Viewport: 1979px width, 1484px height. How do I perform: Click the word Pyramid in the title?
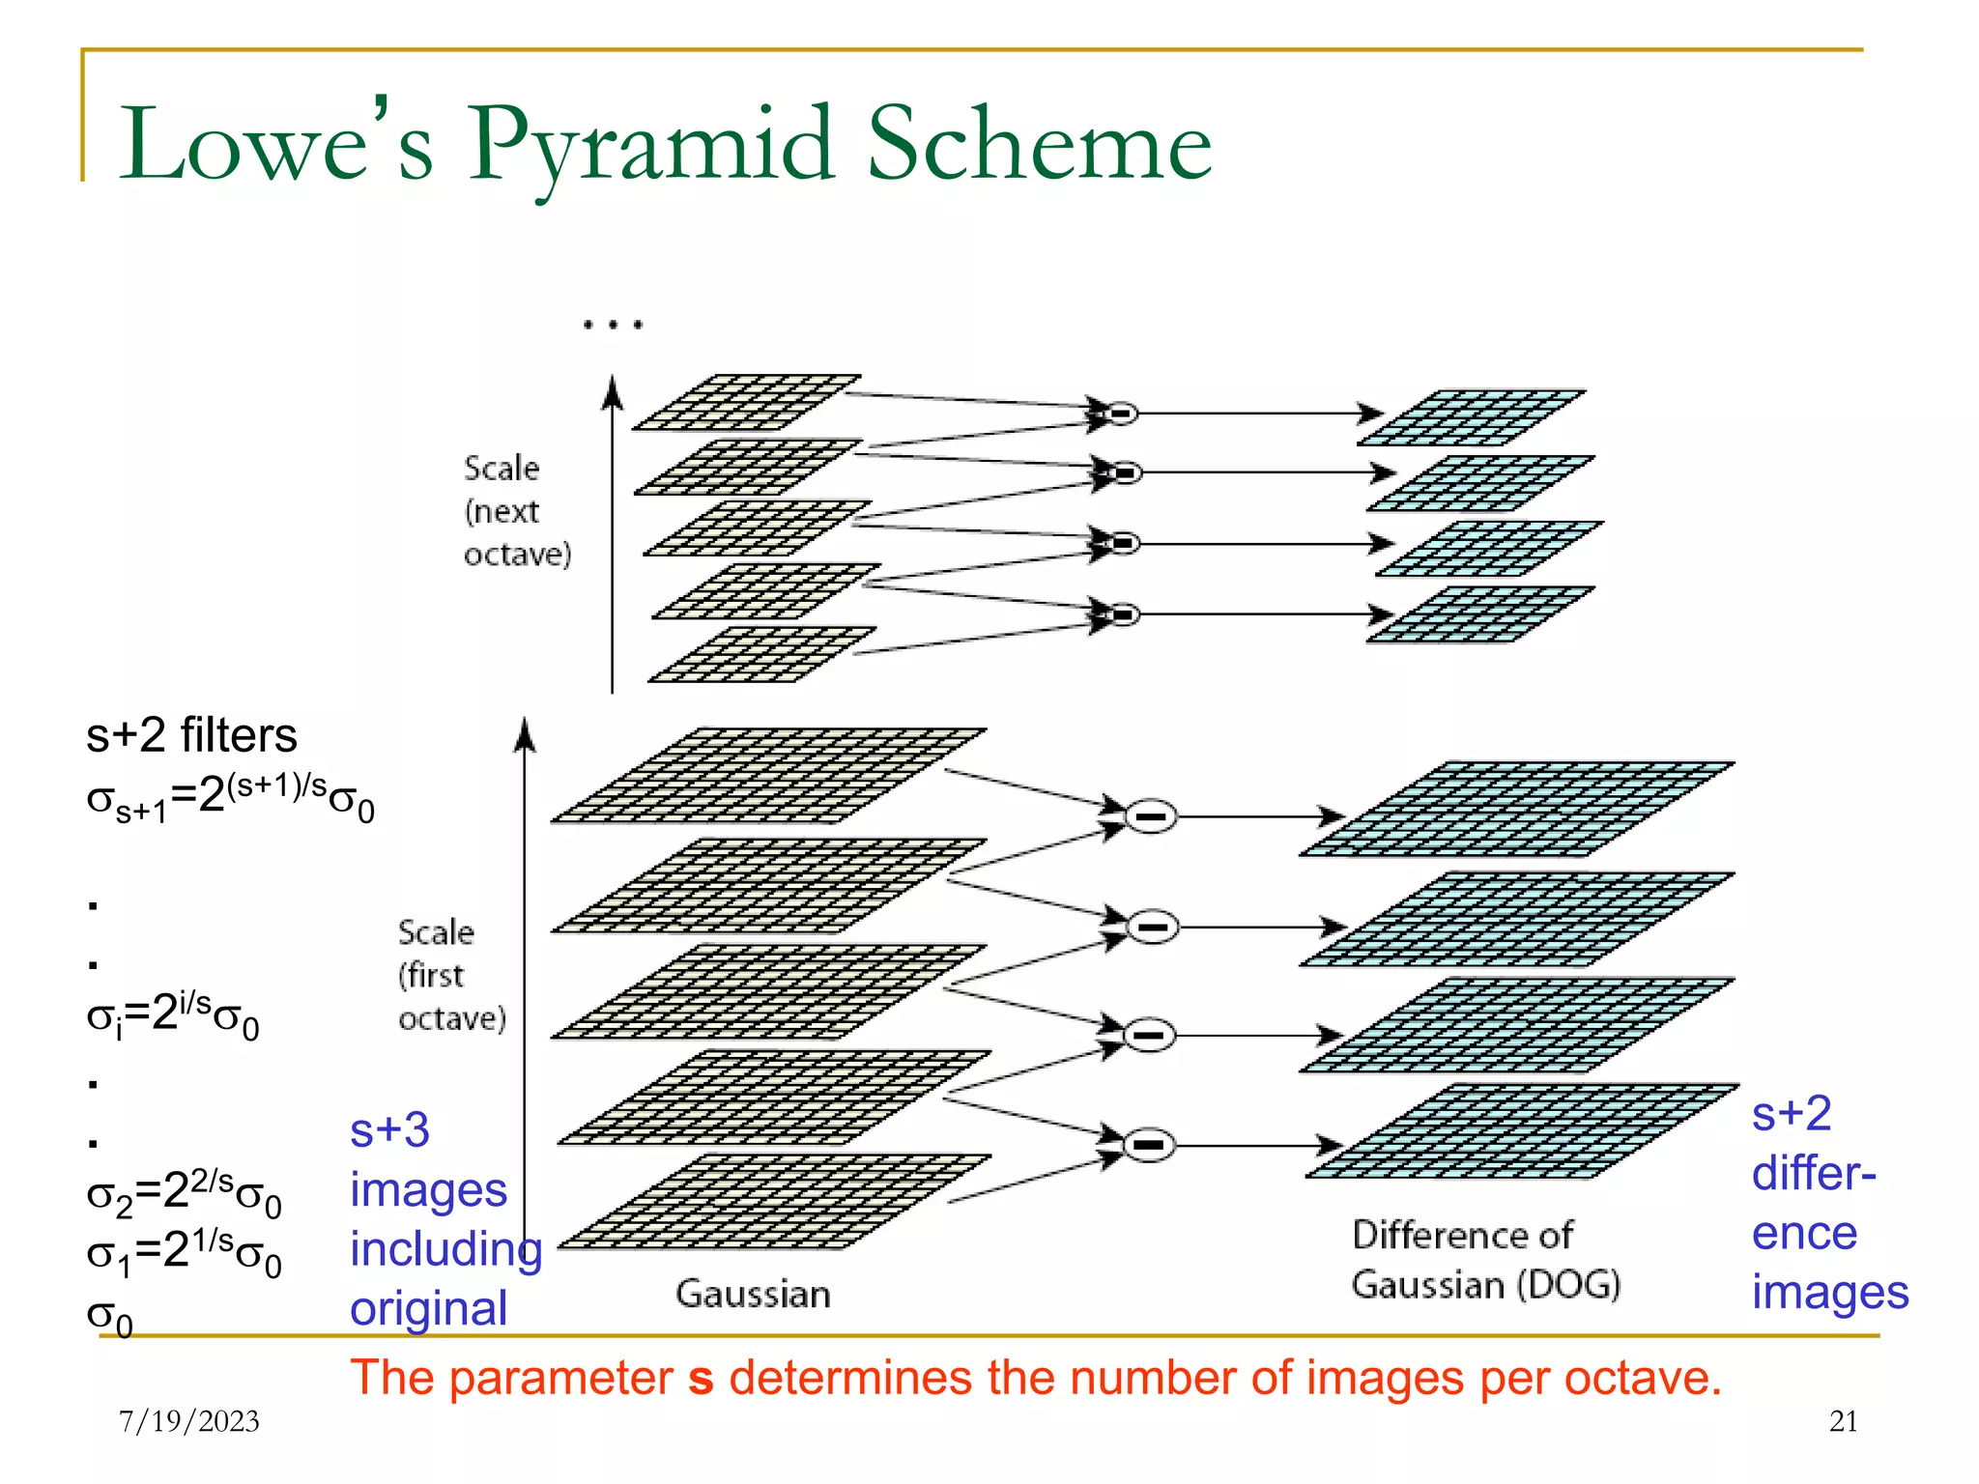649,145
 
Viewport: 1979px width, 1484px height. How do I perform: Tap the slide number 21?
1843,1420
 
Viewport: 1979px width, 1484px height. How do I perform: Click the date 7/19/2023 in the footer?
189,1420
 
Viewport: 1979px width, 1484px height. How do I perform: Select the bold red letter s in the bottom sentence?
701,1379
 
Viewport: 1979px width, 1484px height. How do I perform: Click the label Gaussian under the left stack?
753,1294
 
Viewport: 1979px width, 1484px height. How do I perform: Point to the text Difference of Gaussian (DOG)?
1485,1260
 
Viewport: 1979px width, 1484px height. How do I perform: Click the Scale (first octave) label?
451,975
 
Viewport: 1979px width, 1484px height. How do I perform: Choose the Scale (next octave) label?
517,510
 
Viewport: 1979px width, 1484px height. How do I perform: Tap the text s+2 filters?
191,736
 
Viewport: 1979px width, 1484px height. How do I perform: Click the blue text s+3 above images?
389,1129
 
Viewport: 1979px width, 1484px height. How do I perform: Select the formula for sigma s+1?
230,798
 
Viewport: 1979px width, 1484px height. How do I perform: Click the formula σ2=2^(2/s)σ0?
184,1194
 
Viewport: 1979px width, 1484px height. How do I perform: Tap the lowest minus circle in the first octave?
1149,1145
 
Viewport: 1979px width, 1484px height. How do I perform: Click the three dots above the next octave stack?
613,325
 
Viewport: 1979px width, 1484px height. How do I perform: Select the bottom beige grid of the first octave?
773,1201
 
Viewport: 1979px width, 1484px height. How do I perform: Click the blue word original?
428,1309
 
